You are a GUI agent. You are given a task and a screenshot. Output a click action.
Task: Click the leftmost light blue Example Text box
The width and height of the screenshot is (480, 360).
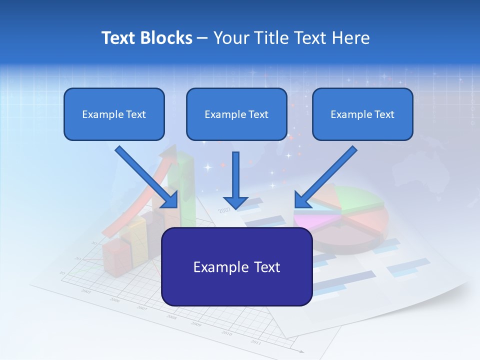[114, 114]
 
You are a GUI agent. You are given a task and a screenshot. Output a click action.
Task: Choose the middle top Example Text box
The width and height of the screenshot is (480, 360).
[236, 114]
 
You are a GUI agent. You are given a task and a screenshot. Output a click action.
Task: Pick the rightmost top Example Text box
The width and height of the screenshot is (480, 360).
[362, 114]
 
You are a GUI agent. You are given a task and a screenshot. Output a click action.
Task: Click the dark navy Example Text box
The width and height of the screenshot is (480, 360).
[236, 267]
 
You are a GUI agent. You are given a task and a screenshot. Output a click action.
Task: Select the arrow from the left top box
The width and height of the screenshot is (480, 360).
[147, 177]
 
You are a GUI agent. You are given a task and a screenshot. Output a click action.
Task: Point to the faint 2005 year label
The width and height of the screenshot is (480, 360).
[86, 291]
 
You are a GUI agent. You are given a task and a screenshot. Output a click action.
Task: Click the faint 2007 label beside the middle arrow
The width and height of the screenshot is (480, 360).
[224, 210]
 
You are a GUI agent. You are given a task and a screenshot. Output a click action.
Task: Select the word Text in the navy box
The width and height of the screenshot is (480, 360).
[262, 267]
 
